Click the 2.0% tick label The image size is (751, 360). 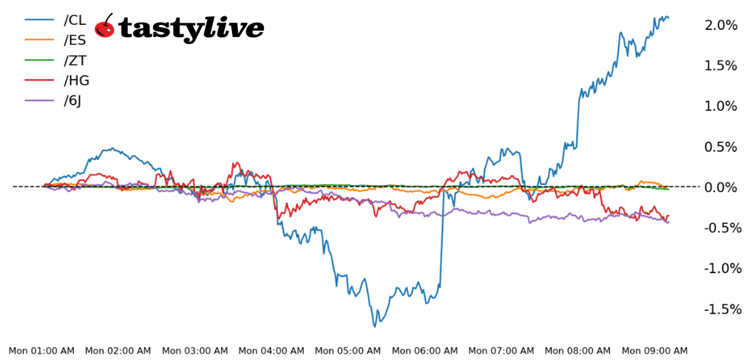pos(721,25)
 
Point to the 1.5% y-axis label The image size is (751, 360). pos(721,65)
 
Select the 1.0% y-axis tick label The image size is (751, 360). pos(721,106)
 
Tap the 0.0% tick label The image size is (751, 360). pos(721,187)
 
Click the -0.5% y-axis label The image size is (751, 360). pos(723,228)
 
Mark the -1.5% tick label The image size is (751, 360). pos(723,309)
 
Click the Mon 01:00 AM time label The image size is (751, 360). pos(41,351)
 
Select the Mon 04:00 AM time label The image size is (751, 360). pos(271,351)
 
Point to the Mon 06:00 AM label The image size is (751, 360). pos(425,351)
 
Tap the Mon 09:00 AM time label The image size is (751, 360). pos(655,351)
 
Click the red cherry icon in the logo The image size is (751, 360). pos(105,28)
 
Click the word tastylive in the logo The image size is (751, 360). pos(191,28)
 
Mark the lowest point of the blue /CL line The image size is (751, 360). pos(375,327)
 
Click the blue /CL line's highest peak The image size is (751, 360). pos(663,16)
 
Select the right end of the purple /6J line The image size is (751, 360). pos(668,222)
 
